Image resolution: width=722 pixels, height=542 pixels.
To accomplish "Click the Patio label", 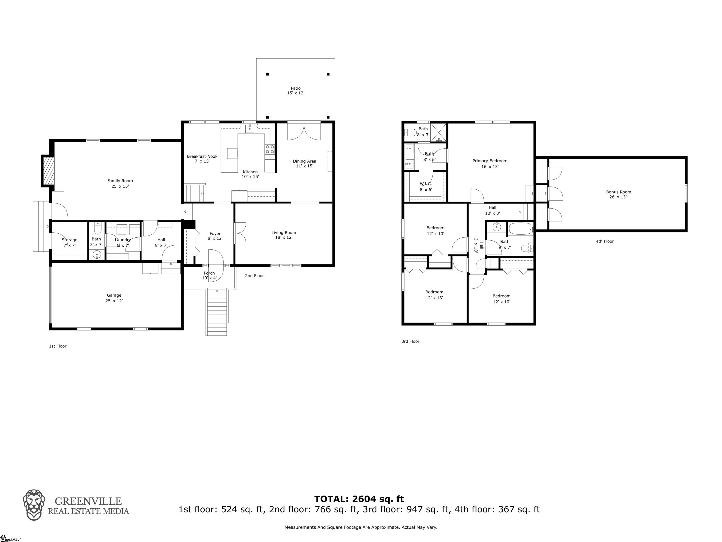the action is [x=296, y=88].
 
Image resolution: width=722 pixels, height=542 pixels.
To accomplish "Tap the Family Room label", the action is [x=120, y=181].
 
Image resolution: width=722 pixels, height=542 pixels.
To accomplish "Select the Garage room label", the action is [x=114, y=295].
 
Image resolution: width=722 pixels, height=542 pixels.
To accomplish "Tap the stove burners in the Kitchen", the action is [x=270, y=149].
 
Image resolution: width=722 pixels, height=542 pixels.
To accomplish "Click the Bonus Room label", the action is [x=619, y=192].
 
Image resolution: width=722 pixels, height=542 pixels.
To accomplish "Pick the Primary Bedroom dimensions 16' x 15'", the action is [x=490, y=167].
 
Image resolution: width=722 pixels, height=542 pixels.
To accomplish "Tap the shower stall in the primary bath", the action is [x=439, y=133].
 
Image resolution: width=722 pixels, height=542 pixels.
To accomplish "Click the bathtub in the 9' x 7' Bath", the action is [x=521, y=229].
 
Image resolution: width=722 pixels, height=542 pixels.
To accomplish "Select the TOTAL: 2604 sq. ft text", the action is [x=359, y=499].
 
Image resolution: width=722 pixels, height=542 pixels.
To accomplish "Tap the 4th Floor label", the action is [x=605, y=241].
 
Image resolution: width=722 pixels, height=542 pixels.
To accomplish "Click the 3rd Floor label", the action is [x=410, y=341].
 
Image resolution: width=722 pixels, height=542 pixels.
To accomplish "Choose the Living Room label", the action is [x=284, y=233].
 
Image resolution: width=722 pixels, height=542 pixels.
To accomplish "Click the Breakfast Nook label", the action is [x=202, y=156].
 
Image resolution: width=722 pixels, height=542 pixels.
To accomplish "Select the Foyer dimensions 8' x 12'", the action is [x=215, y=239].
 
